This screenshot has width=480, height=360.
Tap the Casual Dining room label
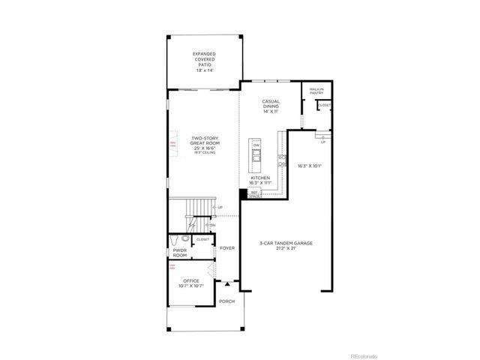pos(271,106)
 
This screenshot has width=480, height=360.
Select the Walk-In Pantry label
pos(316,92)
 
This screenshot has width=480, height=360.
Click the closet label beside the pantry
pos(323,106)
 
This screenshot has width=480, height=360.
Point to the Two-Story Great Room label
pos(203,145)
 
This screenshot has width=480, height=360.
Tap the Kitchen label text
pos(270,180)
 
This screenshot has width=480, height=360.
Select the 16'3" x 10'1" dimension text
pos(309,166)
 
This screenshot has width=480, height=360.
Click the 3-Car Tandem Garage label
pos(285,245)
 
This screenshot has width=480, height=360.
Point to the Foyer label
pos(227,247)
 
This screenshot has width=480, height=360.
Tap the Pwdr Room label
pos(180,253)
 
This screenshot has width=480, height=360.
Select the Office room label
pos(190,283)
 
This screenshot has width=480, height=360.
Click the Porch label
pos(226,301)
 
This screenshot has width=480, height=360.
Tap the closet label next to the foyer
pos(202,239)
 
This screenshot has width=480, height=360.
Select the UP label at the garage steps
pos(322,140)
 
